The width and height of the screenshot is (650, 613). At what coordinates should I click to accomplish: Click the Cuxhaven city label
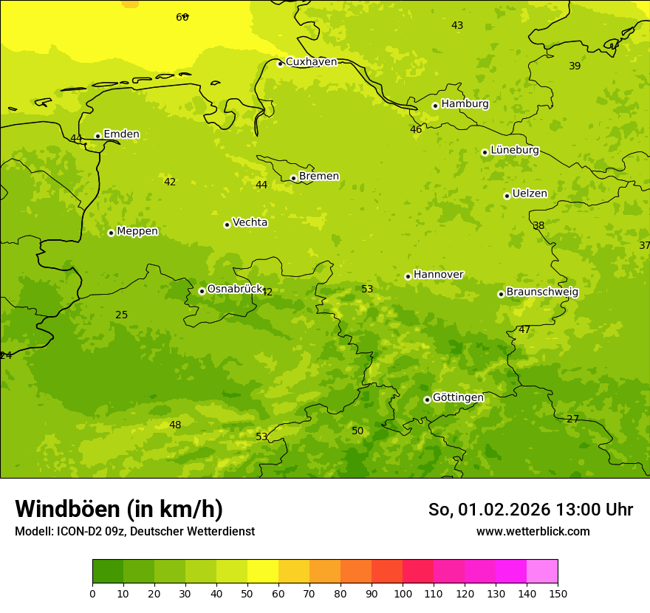pos(311,62)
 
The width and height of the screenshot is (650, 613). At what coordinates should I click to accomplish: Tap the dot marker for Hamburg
pos(435,106)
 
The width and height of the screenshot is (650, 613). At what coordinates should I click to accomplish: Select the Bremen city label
pos(319,177)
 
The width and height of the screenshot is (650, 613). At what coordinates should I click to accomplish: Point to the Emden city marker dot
pos(97,136)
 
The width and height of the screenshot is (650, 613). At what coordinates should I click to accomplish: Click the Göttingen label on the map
pos(458,398)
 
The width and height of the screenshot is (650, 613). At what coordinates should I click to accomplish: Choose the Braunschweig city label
pos(542,292)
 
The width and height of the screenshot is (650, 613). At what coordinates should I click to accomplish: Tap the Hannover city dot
pos(408,276)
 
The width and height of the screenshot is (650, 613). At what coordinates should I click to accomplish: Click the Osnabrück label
pos(235,290)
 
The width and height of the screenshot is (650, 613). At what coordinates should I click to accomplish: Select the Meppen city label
pos(137,232)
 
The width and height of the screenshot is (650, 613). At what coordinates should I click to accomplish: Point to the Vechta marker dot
pos(227,225)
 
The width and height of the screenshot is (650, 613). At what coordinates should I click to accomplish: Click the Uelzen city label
pos(530,194)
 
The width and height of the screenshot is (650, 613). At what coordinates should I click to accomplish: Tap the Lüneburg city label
pos(515,151)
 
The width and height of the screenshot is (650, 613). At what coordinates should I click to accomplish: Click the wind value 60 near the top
pos(182,17)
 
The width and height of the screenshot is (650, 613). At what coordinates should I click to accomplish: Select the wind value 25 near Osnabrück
pos(122,315)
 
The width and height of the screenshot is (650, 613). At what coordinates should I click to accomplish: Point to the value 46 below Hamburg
pos(416,130)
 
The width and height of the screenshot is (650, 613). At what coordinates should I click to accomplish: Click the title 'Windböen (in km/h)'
pos(119,509)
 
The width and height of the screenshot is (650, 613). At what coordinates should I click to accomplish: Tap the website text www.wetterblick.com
pos(533,532)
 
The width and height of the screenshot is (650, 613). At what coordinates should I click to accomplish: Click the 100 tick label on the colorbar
pos(403,593)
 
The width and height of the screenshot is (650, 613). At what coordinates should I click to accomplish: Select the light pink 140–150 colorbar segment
pos(542,571)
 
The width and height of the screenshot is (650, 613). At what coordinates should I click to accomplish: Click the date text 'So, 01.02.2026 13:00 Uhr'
pos(530,510)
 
